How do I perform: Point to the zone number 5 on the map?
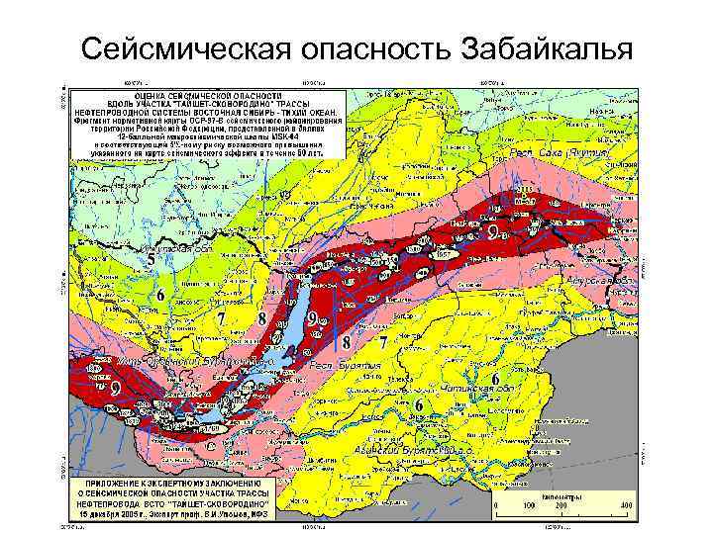[152, 260]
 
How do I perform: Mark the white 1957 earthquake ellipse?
[443, 255]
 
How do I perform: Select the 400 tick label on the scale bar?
[626, 505]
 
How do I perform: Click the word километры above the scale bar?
[560, 486]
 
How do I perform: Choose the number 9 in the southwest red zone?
[116, 390]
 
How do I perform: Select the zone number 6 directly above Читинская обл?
[492, 379]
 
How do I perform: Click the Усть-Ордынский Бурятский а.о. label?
[193, 363]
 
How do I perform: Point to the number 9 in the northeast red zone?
[492, 231]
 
